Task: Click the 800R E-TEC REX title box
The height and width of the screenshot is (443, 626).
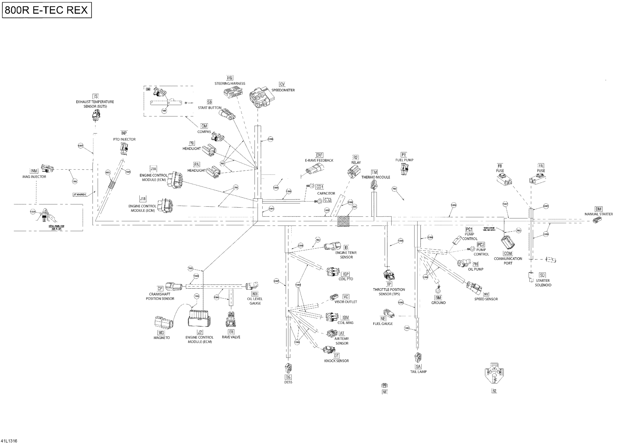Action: click(47, 10)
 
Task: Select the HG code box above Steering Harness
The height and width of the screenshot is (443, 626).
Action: click(230, 78)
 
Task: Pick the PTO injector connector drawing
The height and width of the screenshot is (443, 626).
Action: click(124, 149)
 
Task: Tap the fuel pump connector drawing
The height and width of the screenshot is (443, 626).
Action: click(404, 169)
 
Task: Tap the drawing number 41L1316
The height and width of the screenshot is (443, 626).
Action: click(9, 440)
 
